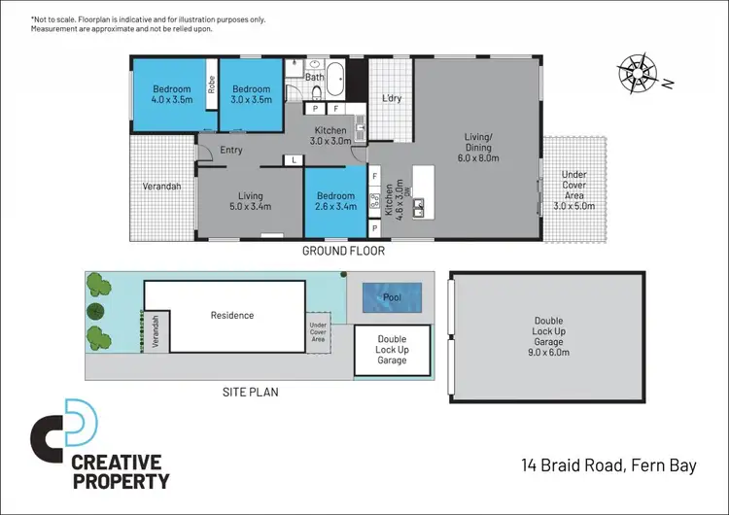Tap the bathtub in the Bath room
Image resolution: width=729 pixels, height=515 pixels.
pyautogui.click(x=333, y=76)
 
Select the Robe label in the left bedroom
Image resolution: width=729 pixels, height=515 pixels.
pyautogui.click(x=211, y=85)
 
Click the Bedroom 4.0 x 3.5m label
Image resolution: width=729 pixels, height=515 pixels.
pyautogui.click(x=170, y=92)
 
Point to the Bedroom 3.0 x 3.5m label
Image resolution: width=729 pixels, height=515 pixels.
pyautogui.click(x=250, y=92)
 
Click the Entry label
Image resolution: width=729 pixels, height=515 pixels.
pyautogui.click(x=231, y=150)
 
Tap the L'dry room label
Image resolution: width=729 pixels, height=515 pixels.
pyautogui.click(x=392, y=99)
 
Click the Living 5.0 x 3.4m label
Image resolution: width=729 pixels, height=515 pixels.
pyautogui.click(x=250, y=199)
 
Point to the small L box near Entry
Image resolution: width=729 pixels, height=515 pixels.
pyautogui.click(x=293, y=159)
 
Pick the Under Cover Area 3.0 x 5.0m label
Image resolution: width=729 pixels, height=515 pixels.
pyautogui.click(x=573, y=190)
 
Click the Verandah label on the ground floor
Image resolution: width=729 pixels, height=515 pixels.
pyautogui.click(x=162, y=187)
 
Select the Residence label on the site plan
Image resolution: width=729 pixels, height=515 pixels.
pyautogui.click(x=232, y=315)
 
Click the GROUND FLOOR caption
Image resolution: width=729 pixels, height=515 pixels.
pyautogui.click(x=343, y=251)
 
